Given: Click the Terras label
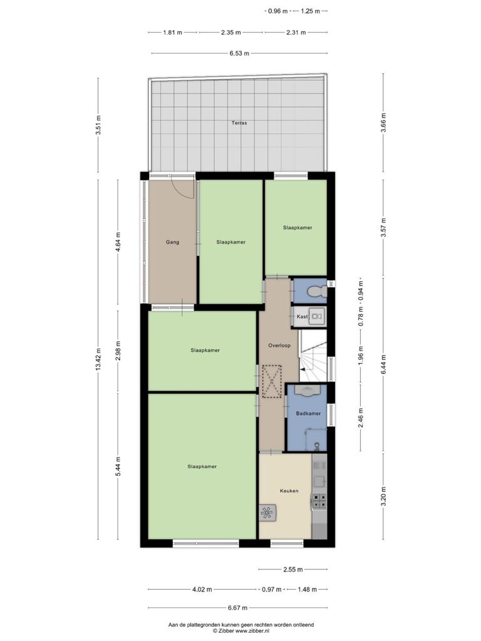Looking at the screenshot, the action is [x=239, y=123].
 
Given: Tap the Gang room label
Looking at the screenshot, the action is [x=172, y=242].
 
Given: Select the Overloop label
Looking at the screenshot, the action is [x=279, y=346].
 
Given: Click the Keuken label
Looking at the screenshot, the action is [x=289, y=491].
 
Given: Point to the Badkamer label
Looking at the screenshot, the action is [x=308, y=413].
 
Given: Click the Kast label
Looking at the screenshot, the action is [x=303, y=316].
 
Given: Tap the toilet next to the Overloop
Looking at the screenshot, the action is [x=317, y=292].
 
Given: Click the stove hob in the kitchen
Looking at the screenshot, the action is [x=319, y=501].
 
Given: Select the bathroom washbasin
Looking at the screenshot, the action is [x=307, y=391].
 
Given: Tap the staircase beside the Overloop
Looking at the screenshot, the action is [x=313, y=356].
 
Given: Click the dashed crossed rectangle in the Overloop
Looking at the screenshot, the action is [x=272, y=381].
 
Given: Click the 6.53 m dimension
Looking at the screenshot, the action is [x=239, y=53].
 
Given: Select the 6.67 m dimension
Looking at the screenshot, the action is [x=237, y=608].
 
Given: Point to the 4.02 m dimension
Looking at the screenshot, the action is [x=202, y=590].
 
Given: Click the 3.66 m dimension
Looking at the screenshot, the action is [x=383, y=123].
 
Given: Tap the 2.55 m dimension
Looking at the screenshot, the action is [x=293, y=569].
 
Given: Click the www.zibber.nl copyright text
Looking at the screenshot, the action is [x=240, y=631].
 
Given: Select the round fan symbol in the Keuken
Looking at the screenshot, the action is [x=267, y=512].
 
